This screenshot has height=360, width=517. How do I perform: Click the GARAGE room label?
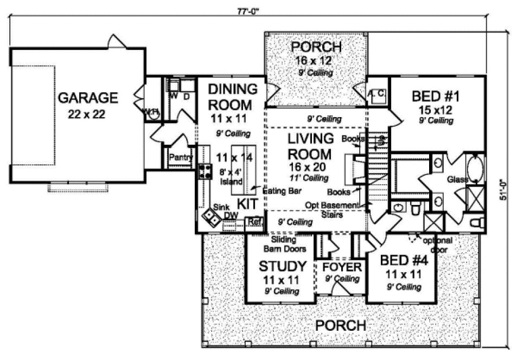87,98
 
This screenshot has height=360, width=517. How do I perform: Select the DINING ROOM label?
233,97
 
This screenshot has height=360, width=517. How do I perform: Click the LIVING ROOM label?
311,146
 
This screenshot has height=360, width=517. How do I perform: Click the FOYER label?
342,267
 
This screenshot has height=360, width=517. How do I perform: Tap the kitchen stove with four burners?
206,172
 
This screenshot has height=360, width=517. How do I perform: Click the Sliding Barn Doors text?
285,245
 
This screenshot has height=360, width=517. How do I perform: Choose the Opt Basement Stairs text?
332,209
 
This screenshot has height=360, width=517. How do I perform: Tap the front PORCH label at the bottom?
341,325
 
